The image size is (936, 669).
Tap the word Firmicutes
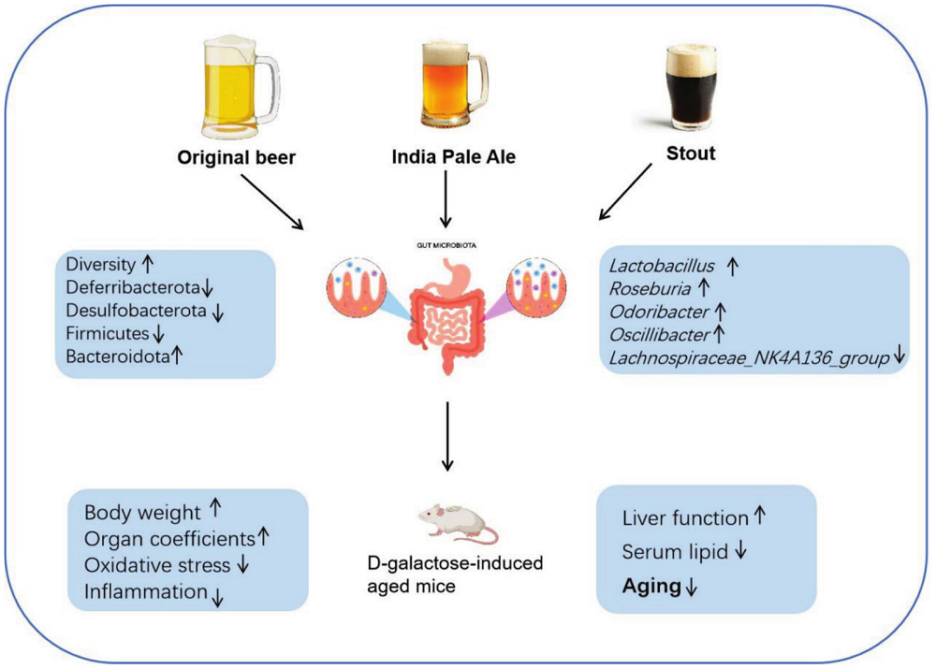point(109,332)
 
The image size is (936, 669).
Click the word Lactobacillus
point(662,267)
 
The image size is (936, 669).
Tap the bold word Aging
point(651,587)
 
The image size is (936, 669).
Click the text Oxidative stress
point(156,564)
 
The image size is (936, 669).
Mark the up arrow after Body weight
point(214,509)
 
